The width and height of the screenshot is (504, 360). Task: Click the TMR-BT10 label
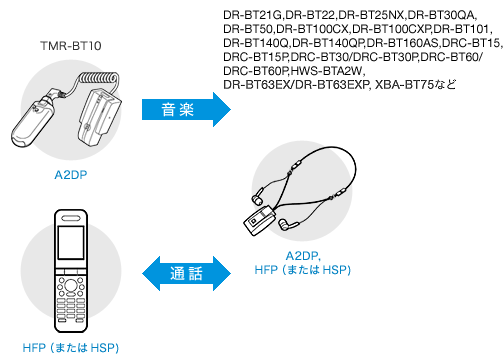[71, 46]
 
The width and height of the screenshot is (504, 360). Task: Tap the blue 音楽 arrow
[186, 109]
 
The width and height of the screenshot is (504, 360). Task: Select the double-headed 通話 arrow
[186, 273]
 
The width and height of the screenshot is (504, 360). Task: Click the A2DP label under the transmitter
[71, 175]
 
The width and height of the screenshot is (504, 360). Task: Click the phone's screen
[71, 242]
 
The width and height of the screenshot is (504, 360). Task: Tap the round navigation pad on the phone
[71, 285]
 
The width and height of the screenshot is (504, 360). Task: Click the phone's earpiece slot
[71, 218]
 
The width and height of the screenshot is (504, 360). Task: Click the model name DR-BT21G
[253, 15]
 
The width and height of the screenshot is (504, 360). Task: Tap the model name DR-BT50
[248, 29]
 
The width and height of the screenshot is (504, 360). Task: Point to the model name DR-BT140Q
[256, 43]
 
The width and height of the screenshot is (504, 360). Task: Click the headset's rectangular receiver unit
[259, 220]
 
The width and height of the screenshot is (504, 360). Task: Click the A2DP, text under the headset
[303, 256]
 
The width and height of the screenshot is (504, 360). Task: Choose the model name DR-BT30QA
[442, 15]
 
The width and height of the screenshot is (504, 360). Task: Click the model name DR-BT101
[461, 29]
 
